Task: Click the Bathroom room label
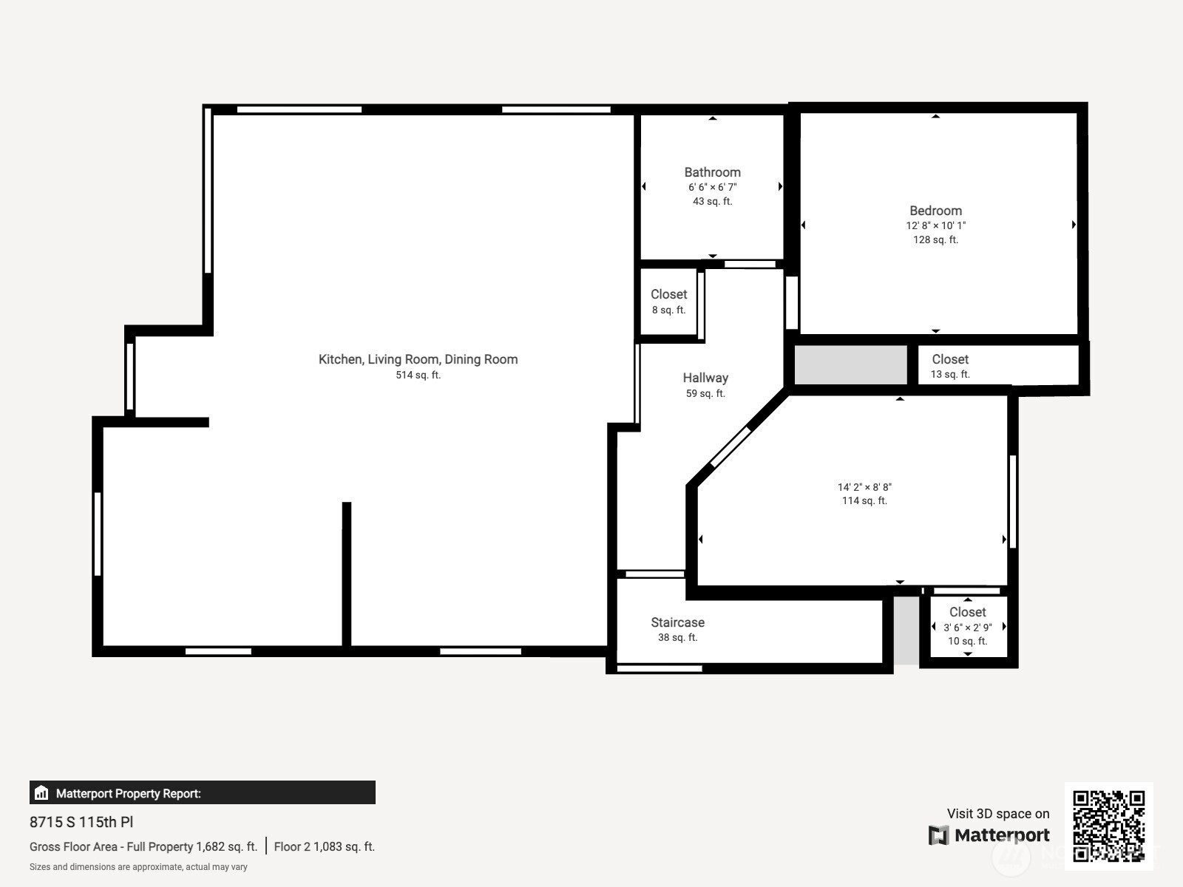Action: pyautogui.click(x=712, y=172)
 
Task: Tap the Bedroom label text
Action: pyautogui.click(x=935, y=211)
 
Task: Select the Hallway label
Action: pyautogui.click(x=705, y=378)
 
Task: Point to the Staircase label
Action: pyautogui.click(x=677, y=622)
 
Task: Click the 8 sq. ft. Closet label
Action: pyautogui.click(x=668, y=294)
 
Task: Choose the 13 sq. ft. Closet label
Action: pyautogui.click(x=949, y=359)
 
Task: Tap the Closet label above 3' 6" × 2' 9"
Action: pyautogui.click(x=967, y=612)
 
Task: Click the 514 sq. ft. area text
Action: pyautogui.click(x=418, y=375)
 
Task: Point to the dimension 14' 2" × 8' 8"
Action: pyautogui.click(x=864, y=487)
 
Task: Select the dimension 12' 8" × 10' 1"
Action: pyautogui.click(x=935, y=225)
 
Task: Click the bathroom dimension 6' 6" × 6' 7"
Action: pyautogui.click(x=712, y=187)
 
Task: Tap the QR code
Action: pyautogui.click(x=1108, y=826)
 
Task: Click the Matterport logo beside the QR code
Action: pyautogui.click(x=989, y=835)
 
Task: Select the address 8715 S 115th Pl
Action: pyautogui.click(x=81, y=822)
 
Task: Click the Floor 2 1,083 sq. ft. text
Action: pyautogui.click(x=325, y=846)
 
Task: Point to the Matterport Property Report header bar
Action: pyautogui.click(x=202, y=792)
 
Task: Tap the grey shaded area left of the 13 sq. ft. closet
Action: pyautogui.click(x=850, y=365)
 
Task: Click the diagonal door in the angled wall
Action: pyautogui.click(x=731, y=446)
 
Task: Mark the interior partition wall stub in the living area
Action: pyautogui.click(x=347, y=574)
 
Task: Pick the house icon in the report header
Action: pyautogui.click(x=41, y=792)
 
